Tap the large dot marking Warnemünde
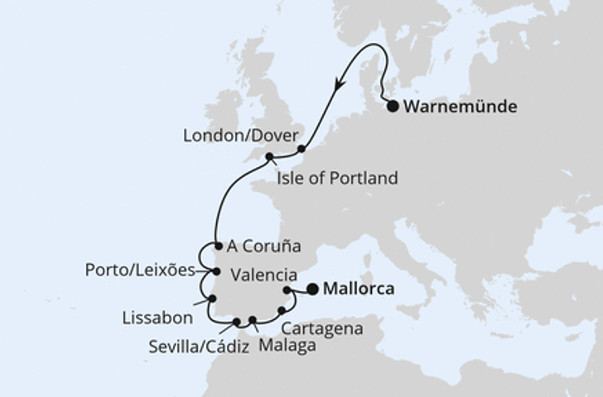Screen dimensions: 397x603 [x=393, y=106]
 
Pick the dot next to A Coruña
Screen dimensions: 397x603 [x=217, y=246]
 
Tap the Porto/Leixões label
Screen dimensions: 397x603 [x=137, y=270]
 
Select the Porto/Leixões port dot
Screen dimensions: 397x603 [x=216, y=270]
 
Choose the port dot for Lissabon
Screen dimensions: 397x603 [x=211, y=299]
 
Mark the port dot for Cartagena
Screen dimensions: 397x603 [x=282, y=311]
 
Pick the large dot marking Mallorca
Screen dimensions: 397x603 [x=312, y=289]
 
